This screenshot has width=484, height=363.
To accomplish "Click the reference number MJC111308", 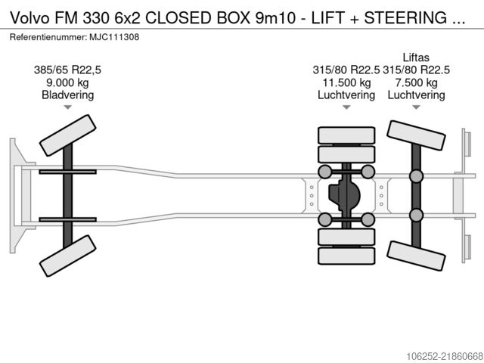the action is [x=114, y=37].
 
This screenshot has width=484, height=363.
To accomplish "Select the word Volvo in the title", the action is [x=29, y=18].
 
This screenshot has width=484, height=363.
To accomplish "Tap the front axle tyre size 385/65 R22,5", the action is [x=67, y=70].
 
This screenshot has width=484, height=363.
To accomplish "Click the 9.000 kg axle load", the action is [x=67, y=82].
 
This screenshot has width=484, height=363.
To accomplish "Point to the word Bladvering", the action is [x=67, y=95].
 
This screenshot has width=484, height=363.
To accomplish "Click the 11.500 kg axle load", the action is [x=346, y=82].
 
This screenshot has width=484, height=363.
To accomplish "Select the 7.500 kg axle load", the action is [x=416, y=82].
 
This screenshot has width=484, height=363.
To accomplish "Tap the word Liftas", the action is [x=416, y=57].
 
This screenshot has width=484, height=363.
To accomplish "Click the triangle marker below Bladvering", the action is [x=67, y=107].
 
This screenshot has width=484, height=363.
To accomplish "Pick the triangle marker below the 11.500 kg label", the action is [x=346, y=107].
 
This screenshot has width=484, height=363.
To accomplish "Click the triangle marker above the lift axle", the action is [x=416, y=107].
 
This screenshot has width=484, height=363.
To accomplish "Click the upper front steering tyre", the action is [x=67, y=135].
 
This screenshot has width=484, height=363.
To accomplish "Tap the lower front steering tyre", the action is [x=67, y=256].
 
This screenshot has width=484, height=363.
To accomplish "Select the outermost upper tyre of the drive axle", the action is [x=346, y=135].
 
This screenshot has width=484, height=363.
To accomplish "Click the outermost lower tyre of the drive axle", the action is [x=346, y=256].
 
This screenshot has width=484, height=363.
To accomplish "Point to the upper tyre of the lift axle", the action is [x=416, y=135].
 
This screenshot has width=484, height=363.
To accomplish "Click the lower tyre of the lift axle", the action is [x=416, y=256].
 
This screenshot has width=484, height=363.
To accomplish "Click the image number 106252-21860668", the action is [x=445, y=356].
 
